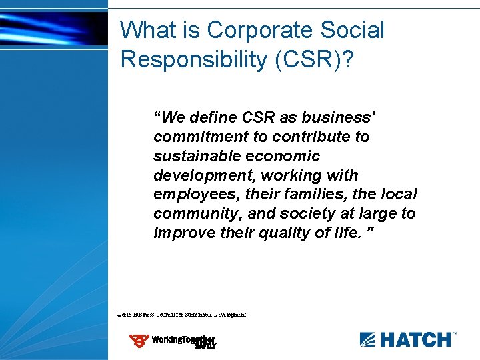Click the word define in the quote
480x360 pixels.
coord(213,117)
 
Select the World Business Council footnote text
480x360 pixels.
coord(181,314)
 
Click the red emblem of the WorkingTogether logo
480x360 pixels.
coord(139,341)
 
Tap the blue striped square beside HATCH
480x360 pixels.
coord(367,339)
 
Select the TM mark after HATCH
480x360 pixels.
coord(455,333)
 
